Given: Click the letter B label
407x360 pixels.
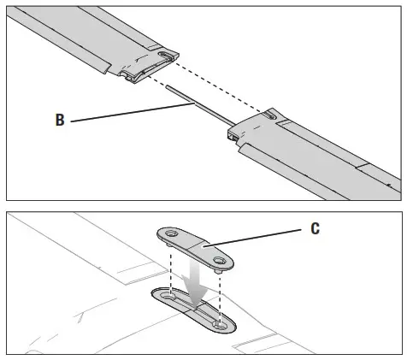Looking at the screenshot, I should click(x=61, y=121).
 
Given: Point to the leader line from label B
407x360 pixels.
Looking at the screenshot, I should click(x=128, y=113).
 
